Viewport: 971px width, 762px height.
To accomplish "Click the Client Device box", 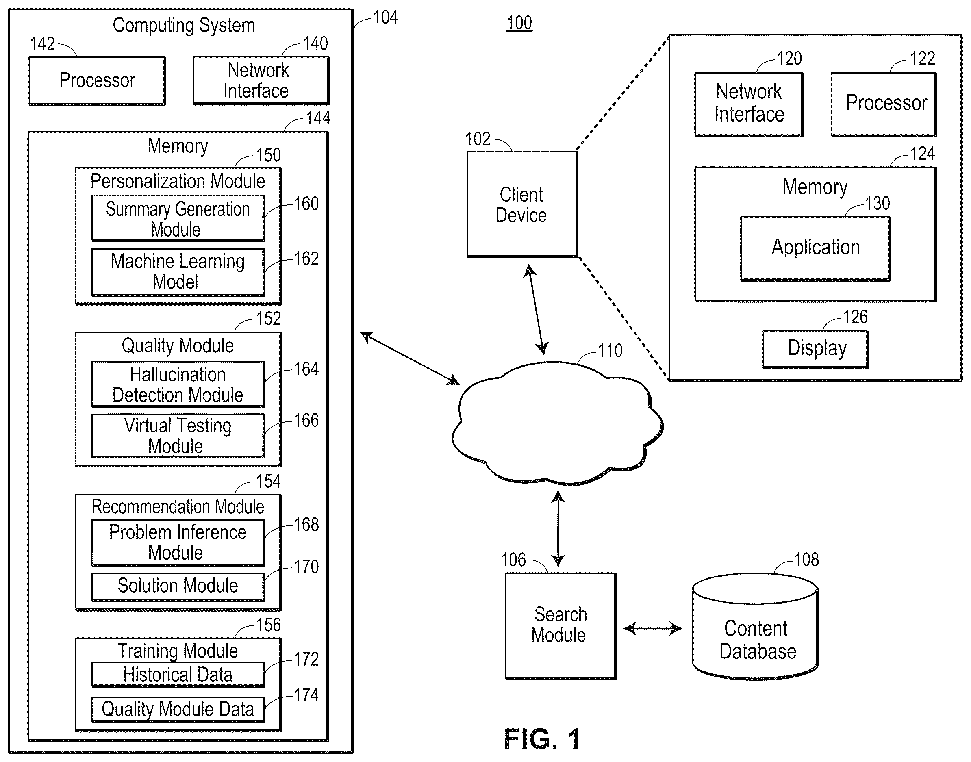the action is [x=522, y=204].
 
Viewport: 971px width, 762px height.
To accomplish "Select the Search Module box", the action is [x=560, y=626].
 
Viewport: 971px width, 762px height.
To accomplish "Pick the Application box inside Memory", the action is [x=815, y=248].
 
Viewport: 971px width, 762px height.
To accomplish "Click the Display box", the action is [x=815, y=350].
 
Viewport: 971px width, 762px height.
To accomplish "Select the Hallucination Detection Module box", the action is [x=178, y=384].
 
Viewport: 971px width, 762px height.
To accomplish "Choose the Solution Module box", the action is [x=178, y=586].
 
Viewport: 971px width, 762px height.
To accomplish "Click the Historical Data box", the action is [x=178, y=674].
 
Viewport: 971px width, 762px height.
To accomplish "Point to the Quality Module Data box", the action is [x=178, y=709].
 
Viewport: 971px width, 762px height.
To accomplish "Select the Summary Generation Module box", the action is [x=178, y=219].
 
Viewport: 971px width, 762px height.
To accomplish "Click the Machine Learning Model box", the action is [x=178, y=272].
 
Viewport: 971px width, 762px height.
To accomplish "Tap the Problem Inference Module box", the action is [x=178, y=543].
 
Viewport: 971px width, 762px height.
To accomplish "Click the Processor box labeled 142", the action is [x=97, y=81].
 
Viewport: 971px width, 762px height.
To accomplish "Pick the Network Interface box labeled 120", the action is [x=749, y=104].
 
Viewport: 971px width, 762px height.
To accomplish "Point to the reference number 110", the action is [x=610, y=351].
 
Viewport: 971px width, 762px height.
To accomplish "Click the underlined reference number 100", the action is [x=519, y=23].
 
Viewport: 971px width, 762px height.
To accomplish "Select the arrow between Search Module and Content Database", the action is [x=653, y=629].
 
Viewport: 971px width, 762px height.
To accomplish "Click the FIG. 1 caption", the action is [x=542, y=739].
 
